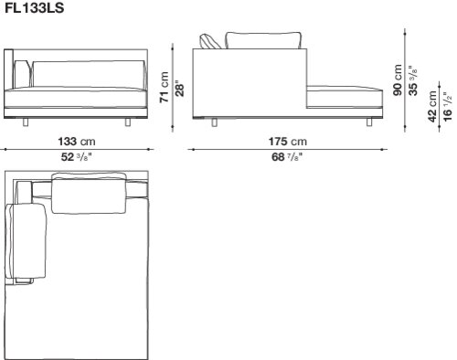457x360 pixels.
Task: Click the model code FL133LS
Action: pyautogui.click(x=35, y=8)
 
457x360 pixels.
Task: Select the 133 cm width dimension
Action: pyautogui.click(x=77, y=142)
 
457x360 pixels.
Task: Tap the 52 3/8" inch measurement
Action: pyautogui.click(x=77, y=157)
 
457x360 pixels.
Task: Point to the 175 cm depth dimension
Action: pyautogui.click(x=288, y=142)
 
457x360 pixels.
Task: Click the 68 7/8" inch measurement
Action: pyautogui.click(x=287, y=157)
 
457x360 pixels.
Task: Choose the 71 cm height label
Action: pyautogui.click(x=165, y=87)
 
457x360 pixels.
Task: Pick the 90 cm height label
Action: pyautogui.click(x=398, y=80)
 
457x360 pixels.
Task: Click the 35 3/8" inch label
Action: pyautogui.click(x=413, y=80)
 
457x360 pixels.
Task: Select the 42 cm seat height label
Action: pyautogui.click(x=432, y=107)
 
